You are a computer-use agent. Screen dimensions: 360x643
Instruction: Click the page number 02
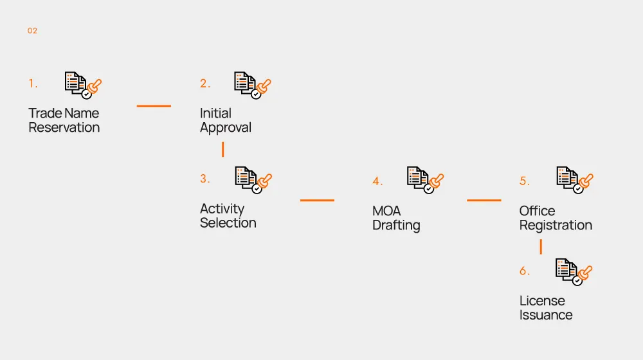[32, 31]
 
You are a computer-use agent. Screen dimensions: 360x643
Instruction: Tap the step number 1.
[33, 84]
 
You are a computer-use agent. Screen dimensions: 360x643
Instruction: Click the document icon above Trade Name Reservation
[83, 84]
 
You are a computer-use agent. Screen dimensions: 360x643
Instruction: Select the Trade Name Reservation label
[64, 120]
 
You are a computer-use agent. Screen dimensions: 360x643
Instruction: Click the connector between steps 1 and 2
[154, 105]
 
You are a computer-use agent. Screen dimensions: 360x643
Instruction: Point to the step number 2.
[204, 84]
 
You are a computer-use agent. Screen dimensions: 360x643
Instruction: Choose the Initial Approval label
[225, 120]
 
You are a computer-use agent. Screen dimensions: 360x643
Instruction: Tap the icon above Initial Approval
[252, 84]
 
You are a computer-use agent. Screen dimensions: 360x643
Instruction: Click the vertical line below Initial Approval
[222, 149]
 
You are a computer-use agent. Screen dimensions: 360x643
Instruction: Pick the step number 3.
[204, 179]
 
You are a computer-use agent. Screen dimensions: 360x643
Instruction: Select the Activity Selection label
[228, 215]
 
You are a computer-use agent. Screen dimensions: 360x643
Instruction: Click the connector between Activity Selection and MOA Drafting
[317, 200]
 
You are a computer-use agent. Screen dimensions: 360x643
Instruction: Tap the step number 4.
[377, 181]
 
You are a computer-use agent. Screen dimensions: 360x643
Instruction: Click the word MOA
[386, 211]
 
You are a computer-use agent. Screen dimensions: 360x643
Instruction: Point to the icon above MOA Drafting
[425, 179]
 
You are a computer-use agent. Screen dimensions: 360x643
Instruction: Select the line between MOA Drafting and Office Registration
[484, 200]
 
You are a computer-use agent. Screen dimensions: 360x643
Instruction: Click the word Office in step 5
[537, 211]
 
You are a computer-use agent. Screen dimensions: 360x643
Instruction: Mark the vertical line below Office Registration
[541, 246]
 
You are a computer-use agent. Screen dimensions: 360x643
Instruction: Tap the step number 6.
[525, 271]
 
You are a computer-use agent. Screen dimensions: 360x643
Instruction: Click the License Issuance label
[546, 307]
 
